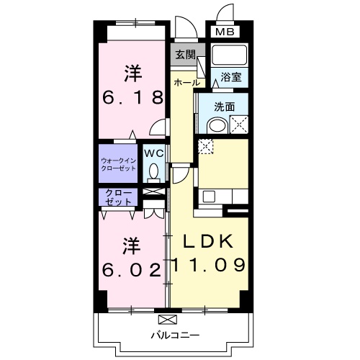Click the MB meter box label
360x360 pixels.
point(225,32)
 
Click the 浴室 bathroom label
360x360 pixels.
point(230,76)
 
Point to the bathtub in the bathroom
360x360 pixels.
point(229,55)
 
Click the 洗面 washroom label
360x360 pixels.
point(225,107)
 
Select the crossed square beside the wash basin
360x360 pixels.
point(239,124)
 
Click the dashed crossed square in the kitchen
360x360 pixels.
point(206,145)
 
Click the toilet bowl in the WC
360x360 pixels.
point(153,171)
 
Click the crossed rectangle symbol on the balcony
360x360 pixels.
point(167,319)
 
